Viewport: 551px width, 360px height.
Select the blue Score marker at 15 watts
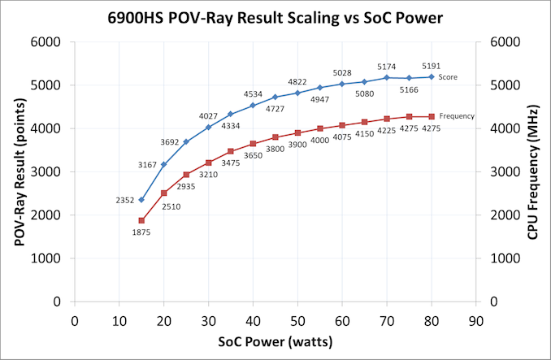[141, 200]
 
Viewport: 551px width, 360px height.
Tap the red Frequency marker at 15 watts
[141, 220]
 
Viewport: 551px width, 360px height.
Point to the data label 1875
[141, 232]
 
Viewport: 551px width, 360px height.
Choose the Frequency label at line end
[458, 116]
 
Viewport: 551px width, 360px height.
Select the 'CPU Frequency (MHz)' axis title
[534, 171]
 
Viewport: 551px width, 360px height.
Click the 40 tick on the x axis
[253, 319]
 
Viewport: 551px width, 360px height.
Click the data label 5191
[432, 66]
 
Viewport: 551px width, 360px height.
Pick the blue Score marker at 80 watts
[432, 76]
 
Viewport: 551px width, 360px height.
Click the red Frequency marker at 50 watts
[297, 132]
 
